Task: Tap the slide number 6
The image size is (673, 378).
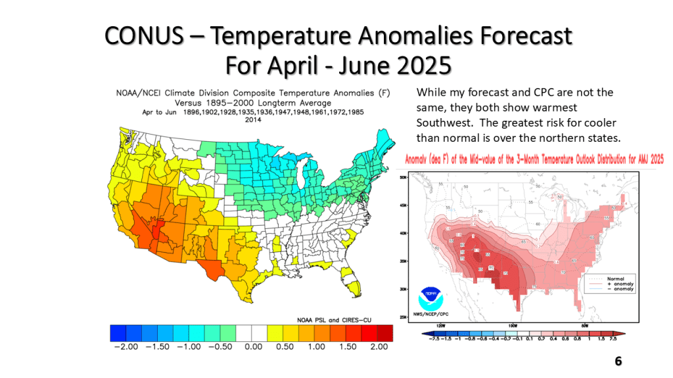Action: (618, 362)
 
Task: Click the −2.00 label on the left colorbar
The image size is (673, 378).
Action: (126, 347)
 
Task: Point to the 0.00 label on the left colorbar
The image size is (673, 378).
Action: (254, 347)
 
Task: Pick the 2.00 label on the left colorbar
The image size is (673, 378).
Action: (381, 347)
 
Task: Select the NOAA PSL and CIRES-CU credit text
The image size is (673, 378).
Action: (335, 318)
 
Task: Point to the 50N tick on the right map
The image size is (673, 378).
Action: (402, 177)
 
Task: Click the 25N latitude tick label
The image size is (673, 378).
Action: (402, 317)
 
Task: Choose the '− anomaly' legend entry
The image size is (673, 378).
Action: (622, 289)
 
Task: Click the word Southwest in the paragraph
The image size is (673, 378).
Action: (442, 123)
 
